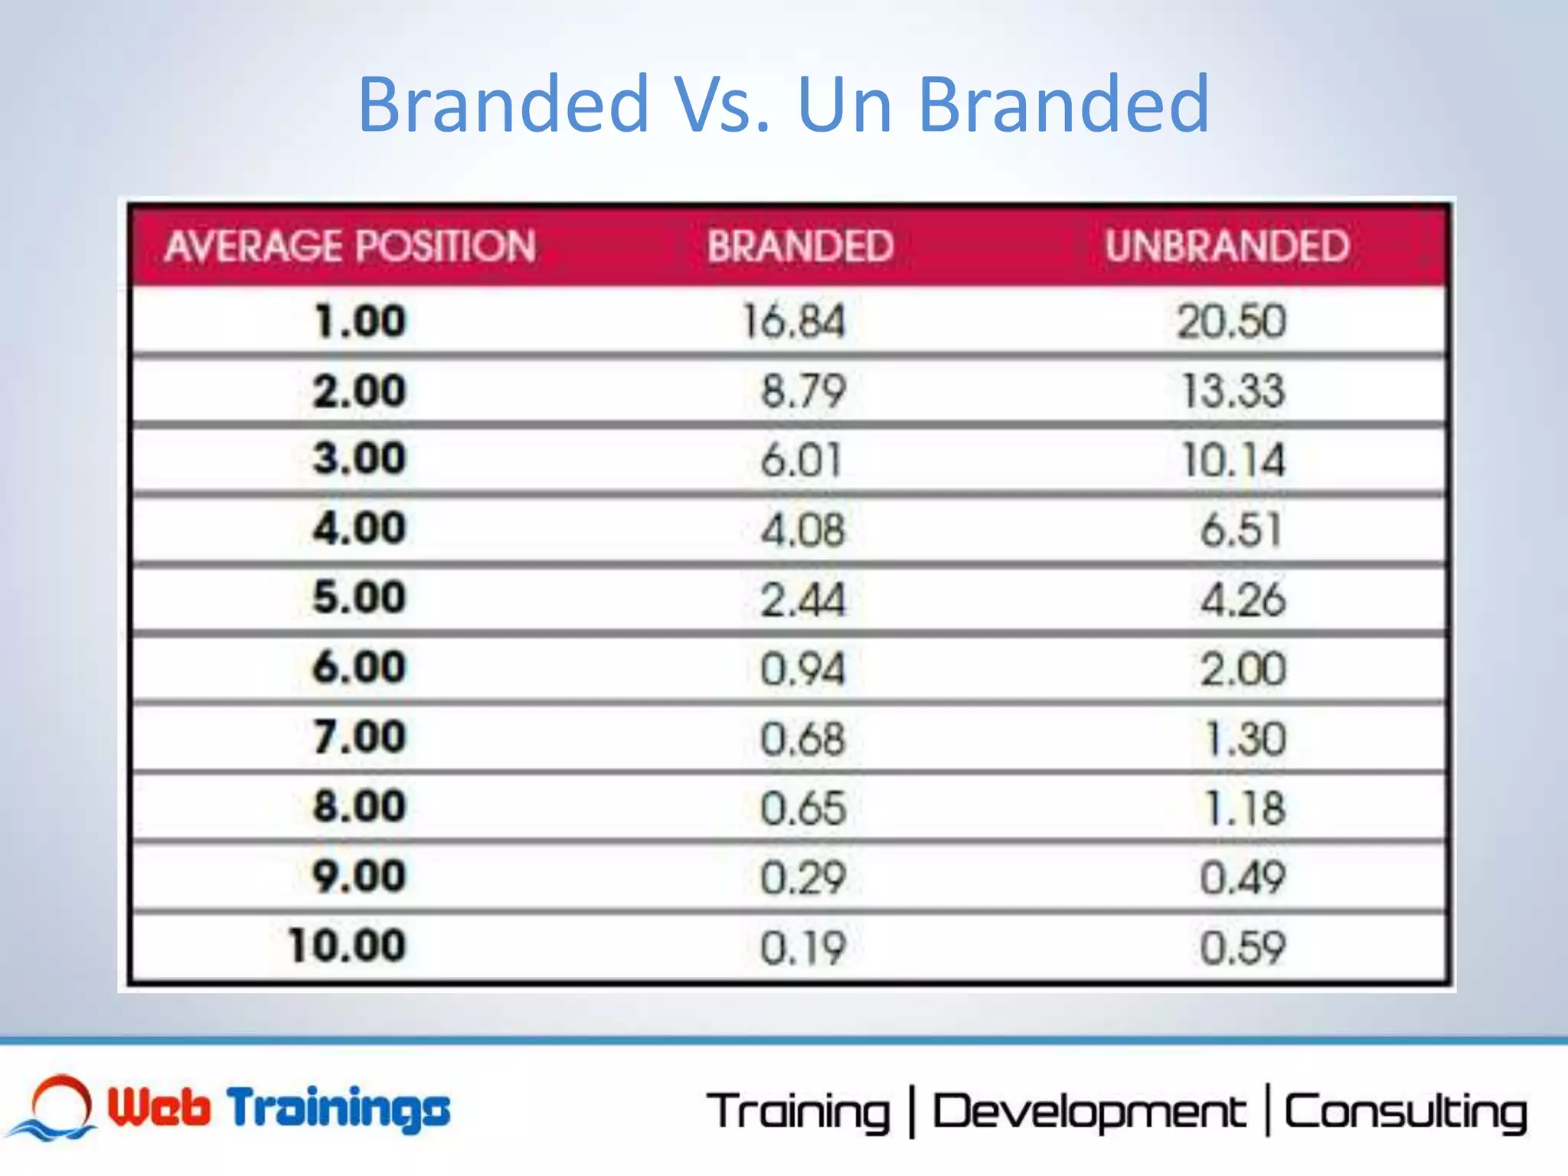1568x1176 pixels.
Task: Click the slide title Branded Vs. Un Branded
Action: [x=782, y=104]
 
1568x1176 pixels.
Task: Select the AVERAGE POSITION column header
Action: [x=350, y=247]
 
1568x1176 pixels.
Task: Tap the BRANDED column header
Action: [x=800, y=247]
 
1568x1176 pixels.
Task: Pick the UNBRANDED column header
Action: [x=1227, y=247]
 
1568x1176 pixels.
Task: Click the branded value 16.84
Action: [x=794, y=321]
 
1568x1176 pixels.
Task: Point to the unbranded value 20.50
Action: [x=1231, y=321]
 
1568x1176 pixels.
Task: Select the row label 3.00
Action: [x=359, y=459]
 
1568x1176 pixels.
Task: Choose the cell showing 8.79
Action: [x=803, y=390]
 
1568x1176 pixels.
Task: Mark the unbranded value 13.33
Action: [x=1233, y=390]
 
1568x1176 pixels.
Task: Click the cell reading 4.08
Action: [x=803, y=529]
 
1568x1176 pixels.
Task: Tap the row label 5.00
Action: [x=359, y=597]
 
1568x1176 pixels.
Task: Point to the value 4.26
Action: [x=1243, y=599]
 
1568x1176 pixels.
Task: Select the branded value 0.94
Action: [x=802, y=668]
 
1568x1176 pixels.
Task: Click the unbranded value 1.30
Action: [x=1245, y=739]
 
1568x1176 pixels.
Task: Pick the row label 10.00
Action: [x=347, y=946]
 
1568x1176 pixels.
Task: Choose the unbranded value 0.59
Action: [x=1242, y=948]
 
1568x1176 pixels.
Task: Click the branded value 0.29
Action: [x=802, y=877]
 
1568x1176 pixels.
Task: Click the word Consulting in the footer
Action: [x=1406, y=1112]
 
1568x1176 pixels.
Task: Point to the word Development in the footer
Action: [x=1089, y=1112]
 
